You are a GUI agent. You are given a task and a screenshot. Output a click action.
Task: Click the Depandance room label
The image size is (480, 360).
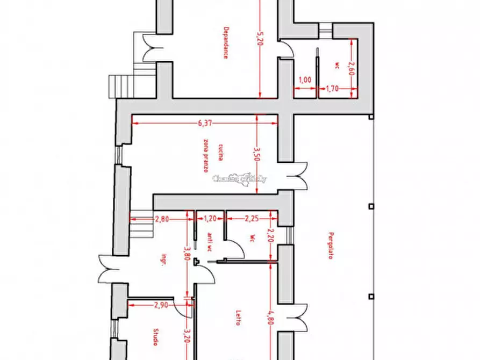click(x=225, y=42)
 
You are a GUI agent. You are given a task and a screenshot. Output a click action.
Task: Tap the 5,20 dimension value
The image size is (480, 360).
click(x=260, y=39)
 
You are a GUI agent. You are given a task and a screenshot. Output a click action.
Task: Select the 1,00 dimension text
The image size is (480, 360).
click(x=305, y=80)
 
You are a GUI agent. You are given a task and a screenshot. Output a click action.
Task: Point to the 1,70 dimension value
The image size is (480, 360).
click(x=332, y=89)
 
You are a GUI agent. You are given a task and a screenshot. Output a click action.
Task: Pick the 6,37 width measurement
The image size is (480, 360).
click(x=204, y=123)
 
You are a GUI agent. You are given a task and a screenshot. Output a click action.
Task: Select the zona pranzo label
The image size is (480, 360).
click(x=206, y=156)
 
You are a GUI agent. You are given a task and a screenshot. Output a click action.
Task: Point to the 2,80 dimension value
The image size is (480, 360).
click(x=162, y=219)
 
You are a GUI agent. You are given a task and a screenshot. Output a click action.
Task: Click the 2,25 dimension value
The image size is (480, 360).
click(x=252, y=219)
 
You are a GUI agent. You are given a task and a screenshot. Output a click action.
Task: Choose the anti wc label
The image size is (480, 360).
click(x=209, y=240)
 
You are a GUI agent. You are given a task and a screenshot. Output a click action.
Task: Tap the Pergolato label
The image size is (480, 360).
click(x=329, y=246)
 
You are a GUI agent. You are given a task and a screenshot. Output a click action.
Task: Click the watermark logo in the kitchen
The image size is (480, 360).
click(x=240, y=179)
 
